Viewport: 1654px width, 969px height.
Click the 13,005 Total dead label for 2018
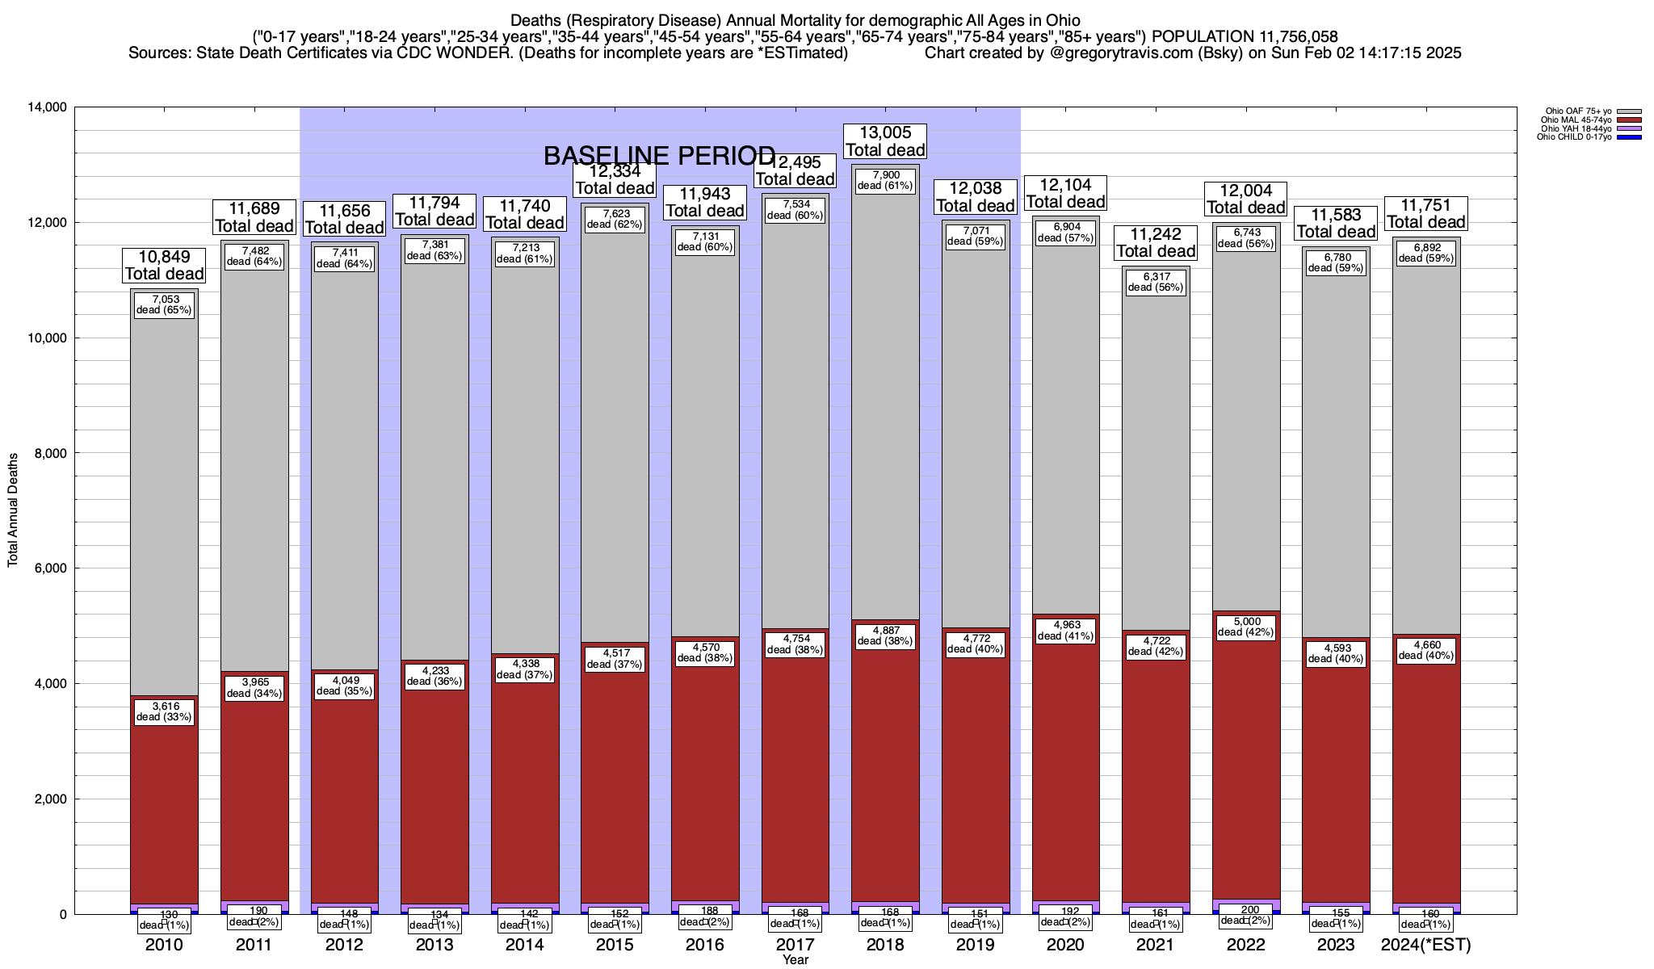click(885, 141)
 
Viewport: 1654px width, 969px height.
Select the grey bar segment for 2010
click(165, 501)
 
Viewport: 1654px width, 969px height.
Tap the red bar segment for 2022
click(1246, 807)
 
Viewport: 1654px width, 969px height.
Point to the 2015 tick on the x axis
click(615, 945)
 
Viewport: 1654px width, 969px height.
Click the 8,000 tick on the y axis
click(49, 454)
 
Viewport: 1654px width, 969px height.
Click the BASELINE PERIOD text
click(659, 155)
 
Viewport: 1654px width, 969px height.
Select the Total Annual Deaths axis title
click(13, 510)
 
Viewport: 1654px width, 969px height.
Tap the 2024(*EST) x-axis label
click(1426, 945)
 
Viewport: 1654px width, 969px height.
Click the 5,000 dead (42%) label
click(1246, 627)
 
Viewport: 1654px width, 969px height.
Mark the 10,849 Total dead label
click(165, 265)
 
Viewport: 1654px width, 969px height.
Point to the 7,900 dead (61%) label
click(885, 180)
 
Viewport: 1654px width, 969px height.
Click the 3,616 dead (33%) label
click(165, 711)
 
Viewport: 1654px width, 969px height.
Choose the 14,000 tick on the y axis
click(47, 107)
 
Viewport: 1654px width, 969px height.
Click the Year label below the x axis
click(795, 960)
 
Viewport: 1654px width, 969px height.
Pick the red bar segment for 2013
click(435, 807)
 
